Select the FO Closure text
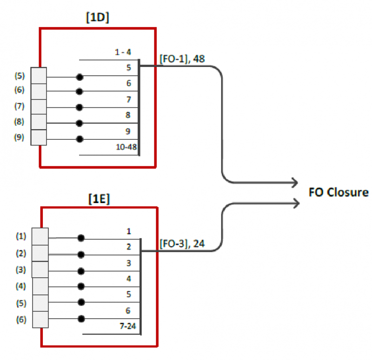339,192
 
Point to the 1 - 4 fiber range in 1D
124,52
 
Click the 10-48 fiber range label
125,147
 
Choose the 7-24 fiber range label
127,327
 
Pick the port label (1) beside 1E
21,236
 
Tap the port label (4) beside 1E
21,286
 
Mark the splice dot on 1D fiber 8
80,123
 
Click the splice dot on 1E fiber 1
81,238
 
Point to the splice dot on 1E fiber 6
81,319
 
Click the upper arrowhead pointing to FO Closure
294,182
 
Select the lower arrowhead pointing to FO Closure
294,202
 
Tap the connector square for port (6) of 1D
39,91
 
